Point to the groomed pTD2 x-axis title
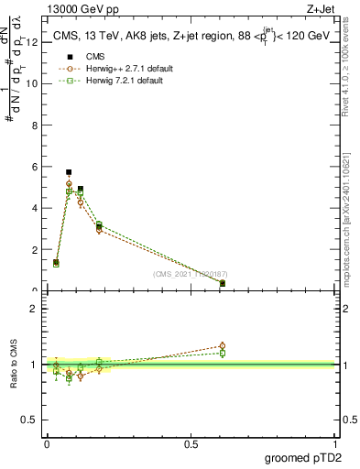303,458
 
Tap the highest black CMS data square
69,172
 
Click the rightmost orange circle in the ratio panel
223,346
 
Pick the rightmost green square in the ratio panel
223,353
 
